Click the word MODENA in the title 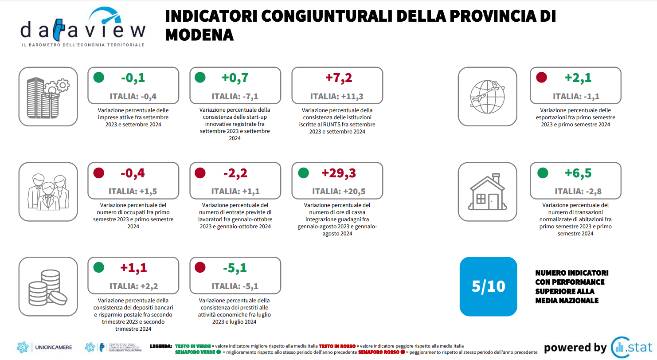(x=199, y=35)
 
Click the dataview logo (x=83, y=27)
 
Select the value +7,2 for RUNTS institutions (x=339, y=78)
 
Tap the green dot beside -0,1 (x=99, y=78)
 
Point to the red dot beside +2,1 (x=541, y=78)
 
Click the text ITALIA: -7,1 (x=235, y=96)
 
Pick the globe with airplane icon (x=487, y=96)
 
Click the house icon (x=487, y=192)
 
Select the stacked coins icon (x=48, y=287)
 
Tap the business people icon (x=48, y=192)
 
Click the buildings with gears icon (x=48, y=96)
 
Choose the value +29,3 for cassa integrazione (x=339, y=173)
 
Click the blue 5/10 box (x=488, y=286)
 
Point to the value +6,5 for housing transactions (x=578, y=173)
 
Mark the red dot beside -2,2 (x=200, y=173)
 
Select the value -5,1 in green (x=235, y=268)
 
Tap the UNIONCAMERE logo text (x=53, y=347)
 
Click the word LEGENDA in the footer (x=161, y=345)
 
